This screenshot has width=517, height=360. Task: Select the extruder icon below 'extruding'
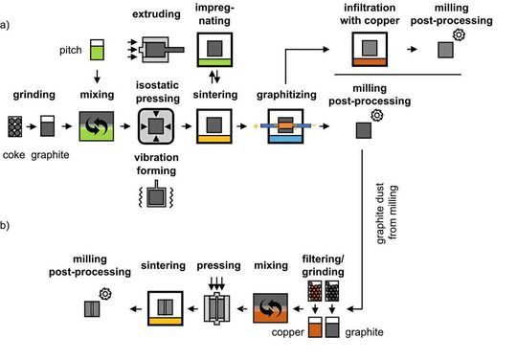point(158,48)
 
